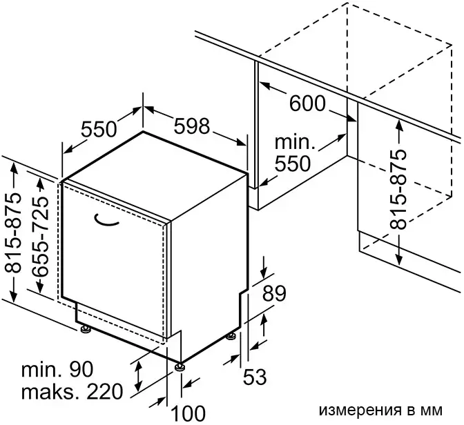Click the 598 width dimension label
(x=191, y=126)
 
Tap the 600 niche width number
(x=307, y=103)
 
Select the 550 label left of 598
(x=99, y=129)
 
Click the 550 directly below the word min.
(x=293, y=164)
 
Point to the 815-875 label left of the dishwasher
(x=13, y=233)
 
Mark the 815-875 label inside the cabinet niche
(x=398, y=190)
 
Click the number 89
(x=274, y=293)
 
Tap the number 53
(x=255, y=377)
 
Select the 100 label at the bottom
(x=188, y=413)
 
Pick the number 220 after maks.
(x=104, y=391)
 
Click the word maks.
(x=50, y=392)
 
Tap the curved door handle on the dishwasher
(x=106, y=221)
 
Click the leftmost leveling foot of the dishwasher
(x=86, y=329)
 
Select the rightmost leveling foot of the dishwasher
(x=231, y=337)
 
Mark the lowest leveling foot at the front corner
(x=180, y=366)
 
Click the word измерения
(x=357, y=411)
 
